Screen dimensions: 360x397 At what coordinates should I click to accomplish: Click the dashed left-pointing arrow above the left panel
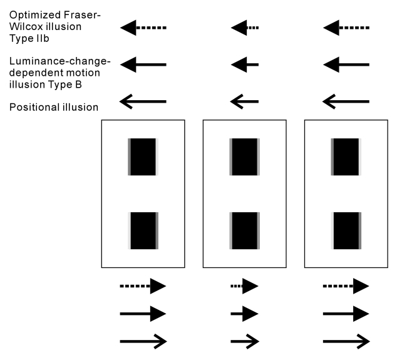click(x=143, y=28)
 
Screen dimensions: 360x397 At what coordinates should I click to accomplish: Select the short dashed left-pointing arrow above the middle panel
click(x=244, y=28)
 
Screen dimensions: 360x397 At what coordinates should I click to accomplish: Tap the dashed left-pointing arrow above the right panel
click(x=346, y=28)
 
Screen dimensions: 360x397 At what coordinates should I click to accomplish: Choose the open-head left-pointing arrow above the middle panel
click(x=244, y=101)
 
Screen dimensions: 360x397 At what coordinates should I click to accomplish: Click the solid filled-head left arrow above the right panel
click(x=346, y=64)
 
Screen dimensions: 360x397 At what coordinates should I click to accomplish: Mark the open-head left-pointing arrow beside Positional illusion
click(x=143, y=101)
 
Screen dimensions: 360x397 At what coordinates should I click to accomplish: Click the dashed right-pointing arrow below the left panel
click(x=143, y=286)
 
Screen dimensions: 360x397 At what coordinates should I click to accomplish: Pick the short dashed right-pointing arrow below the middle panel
click(x=244, y=286)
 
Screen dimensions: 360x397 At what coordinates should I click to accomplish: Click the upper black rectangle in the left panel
click(x=143, y=157)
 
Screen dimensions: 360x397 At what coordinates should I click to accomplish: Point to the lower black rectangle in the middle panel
click(x=245, y=230)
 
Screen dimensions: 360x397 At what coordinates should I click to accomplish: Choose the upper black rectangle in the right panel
click(x=346, y=157)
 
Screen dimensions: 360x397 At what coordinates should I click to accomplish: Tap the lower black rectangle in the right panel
click(x=346, y=230)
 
